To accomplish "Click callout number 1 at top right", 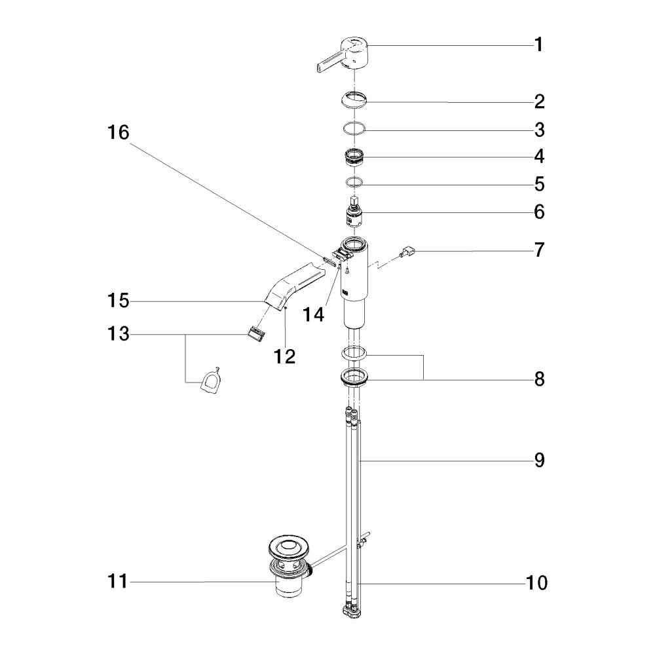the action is [539, 45].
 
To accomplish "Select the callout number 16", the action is [118, 132].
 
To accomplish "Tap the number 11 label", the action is [117, 580].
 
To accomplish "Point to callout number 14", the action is [313, 314].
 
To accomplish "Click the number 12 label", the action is [284, 356].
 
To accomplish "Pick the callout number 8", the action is [539, 379].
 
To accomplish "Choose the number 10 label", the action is [536, 582].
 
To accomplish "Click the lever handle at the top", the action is [342, 56].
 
